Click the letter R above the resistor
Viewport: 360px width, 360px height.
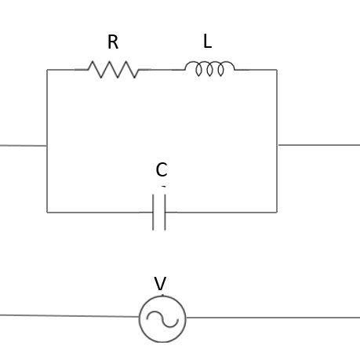113,42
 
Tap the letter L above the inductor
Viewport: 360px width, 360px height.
207,42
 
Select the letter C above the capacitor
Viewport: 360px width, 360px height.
161,170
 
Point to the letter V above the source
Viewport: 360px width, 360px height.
160,284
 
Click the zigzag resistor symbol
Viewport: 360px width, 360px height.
113,70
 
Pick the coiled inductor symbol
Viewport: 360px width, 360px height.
209,70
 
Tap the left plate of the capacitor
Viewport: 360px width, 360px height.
154,212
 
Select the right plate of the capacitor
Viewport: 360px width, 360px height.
165,212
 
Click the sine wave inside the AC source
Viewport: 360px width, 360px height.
162,319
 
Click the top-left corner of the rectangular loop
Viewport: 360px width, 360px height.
47,70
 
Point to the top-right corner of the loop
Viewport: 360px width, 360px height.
277,70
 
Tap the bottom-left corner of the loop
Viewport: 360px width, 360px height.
47,212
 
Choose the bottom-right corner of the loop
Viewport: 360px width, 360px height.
277,212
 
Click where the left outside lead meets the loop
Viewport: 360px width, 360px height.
47,145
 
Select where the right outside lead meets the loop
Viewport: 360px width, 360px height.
277,144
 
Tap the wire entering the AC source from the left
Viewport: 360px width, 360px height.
71,316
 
